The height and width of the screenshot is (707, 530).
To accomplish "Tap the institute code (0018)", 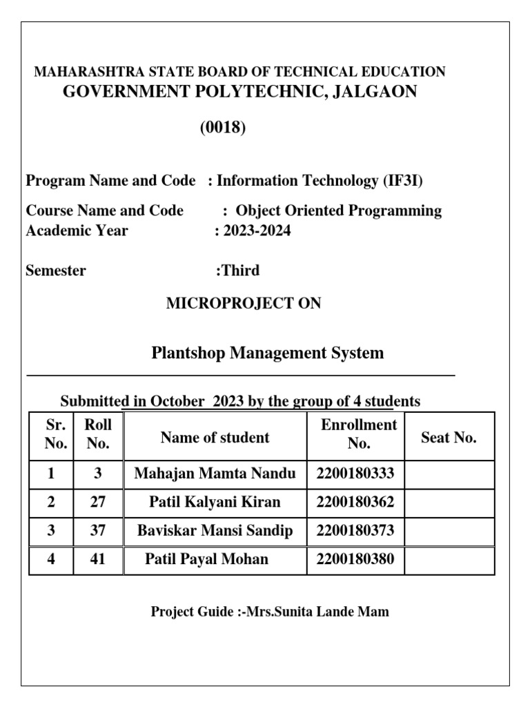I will pyautogui.click(x=223, y=128).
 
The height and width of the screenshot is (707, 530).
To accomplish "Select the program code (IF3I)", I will pyautogui.click(x=402, y=181).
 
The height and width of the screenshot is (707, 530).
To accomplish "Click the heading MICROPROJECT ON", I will pyautogui.click(x=244, y=303).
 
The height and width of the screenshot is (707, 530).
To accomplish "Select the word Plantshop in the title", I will pyautogui.click(x=188, y=353).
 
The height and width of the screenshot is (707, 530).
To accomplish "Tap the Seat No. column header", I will pyautogui.click(x=449, y=438).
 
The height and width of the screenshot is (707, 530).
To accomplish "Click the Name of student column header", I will pyautogui.click(x=215, y=438).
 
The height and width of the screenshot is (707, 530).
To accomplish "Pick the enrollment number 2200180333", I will pyautogui.click(x=355, y=474).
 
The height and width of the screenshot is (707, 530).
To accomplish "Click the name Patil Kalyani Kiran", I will pyautogui.click(x=215, y=502).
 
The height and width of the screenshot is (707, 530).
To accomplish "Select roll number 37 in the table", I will pyautogui.click(x=98, y=531).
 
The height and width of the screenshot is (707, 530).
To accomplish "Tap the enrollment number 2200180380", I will pyautogui.click(x=355, y=559).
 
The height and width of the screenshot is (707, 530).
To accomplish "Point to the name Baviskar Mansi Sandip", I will pyautogui.click(x=215, y=531).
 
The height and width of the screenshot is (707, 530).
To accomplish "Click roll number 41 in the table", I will pyautogui.click(x=98, y=559).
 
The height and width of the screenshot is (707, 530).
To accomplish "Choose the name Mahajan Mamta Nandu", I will pyautogui.click(x=215, y=474).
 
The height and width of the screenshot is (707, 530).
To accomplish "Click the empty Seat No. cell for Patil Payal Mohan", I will pyautogui.click(x=449, y=559).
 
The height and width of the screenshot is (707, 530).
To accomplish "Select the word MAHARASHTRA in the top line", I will pyautogui.click(x=82, y=72).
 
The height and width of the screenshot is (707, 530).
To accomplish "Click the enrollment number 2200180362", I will pyautogui.click(x=355, y=502).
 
